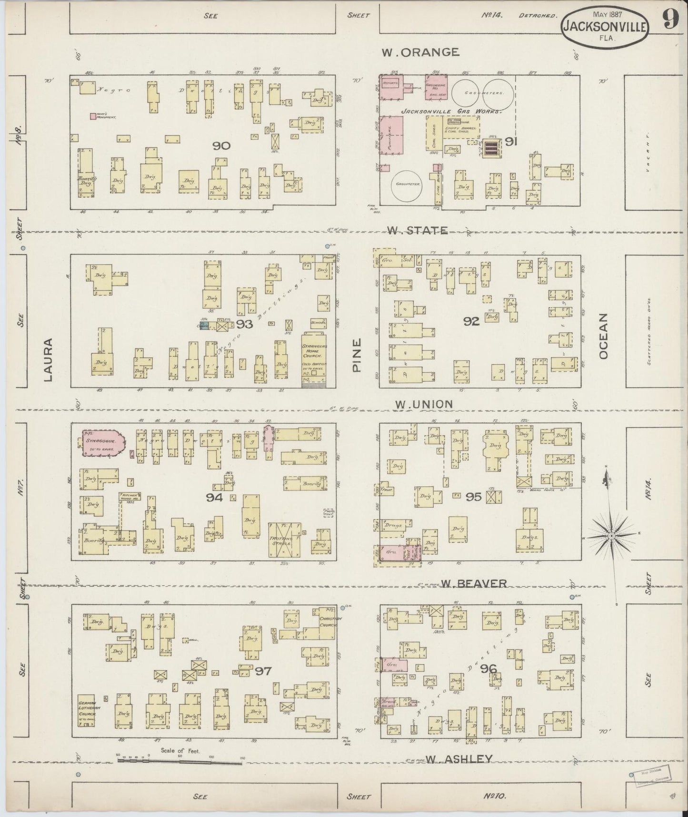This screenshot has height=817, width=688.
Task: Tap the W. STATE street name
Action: [x=417, y=231]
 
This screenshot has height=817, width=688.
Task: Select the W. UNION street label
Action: [x=424, y=404]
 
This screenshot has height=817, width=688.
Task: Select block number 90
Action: [x=221, y=146]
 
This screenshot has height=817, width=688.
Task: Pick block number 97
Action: [x=263, y=671]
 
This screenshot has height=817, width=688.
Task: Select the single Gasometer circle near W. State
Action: [x=407, y=185]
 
